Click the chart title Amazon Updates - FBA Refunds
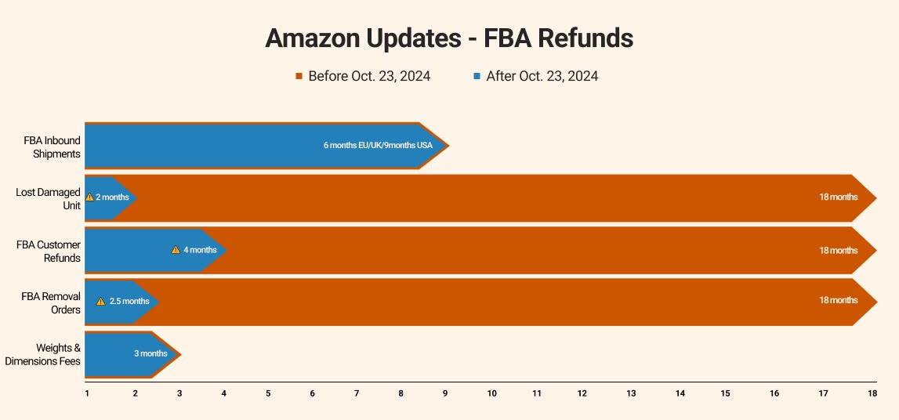[449, 38]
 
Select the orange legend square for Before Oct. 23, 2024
[299, 77]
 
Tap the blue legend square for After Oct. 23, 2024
[477, 77]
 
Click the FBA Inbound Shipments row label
[52, 147]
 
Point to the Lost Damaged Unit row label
[49, 198]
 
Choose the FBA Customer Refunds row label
[49, 251]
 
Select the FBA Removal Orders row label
[51, 303]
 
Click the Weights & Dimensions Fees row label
[43, 354]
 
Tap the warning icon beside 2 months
[89, 197]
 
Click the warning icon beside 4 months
[176, 250]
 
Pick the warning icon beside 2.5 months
[100, 302]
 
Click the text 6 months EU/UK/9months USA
[378, 145]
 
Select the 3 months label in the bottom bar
[150, 353]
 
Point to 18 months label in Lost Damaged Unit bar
[838, 197]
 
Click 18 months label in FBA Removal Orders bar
[838, 300]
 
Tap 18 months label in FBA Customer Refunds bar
[838, 250]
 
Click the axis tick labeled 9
[446, 393]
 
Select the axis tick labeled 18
[872, 393]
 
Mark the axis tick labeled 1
[87, 393]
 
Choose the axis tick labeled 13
[631, 393]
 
